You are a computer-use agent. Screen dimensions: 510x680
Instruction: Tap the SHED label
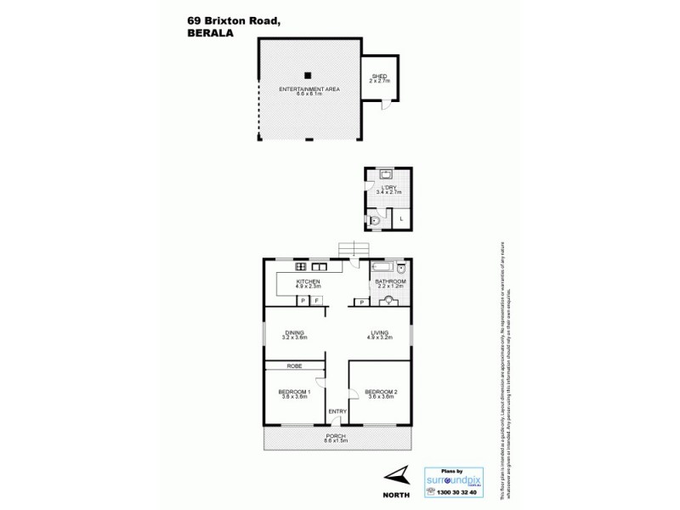(x=379, y=77)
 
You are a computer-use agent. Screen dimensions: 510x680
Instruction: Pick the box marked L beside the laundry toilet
(x=401, y=219)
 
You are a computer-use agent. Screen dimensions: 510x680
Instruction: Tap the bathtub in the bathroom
(x=384, y=266)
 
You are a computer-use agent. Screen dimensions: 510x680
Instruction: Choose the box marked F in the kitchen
(x=317, y=301)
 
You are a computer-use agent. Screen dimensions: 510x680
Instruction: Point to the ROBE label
(x=294, y=365)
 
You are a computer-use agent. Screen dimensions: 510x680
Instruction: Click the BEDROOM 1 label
(x=294, y=391)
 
